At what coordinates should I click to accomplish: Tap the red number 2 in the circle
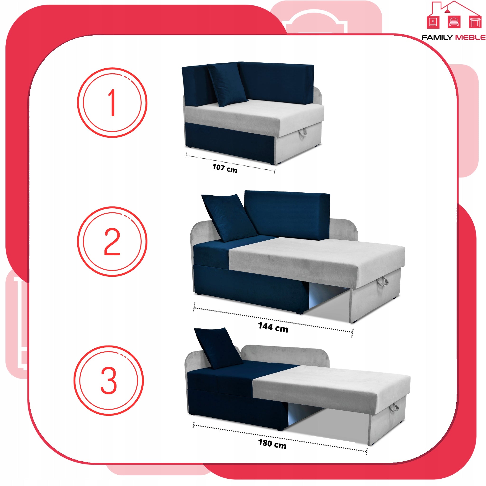point(112,242)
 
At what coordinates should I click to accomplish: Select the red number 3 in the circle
point(109,380)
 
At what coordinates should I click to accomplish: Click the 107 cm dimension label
point(225,168)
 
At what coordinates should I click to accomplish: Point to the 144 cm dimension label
point(273,327)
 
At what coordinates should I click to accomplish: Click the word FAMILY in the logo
point(437,37)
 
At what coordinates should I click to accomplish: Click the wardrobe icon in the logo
point(433,22)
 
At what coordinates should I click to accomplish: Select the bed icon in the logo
point(454,22)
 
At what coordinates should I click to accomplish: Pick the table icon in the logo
point(475,22)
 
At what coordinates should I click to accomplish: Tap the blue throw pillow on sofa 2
point(229,218)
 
